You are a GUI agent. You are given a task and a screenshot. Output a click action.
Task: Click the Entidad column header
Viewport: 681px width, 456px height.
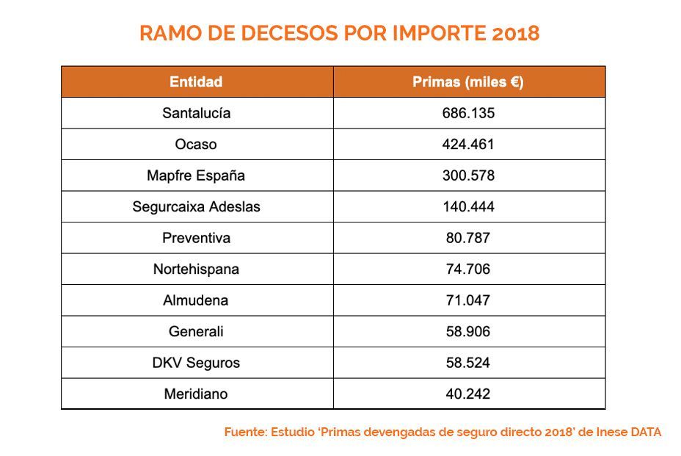coord(196,82)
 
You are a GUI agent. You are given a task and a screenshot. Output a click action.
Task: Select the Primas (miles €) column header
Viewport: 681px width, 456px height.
coord(468,82)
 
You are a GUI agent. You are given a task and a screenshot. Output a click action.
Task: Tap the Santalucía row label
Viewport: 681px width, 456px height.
coord(196,113)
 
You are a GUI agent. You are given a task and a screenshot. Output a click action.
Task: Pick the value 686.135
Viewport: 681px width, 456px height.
coord(468,113)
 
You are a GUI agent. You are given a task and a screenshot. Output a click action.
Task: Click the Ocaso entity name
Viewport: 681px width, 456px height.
coord(196,145)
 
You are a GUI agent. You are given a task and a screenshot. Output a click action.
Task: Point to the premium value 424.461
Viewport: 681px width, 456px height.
coord(468,145)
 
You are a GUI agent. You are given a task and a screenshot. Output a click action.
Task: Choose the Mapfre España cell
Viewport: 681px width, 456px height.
coord(196,175)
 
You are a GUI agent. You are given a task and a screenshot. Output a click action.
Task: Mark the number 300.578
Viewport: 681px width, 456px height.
coord(468,175)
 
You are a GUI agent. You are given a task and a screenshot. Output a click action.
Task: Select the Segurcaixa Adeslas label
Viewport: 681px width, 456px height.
coord(196,207)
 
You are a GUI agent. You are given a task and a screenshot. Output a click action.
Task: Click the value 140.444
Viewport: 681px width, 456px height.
coord(468,207)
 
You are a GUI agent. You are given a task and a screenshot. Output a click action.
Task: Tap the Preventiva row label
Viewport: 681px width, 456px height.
coord(196,238)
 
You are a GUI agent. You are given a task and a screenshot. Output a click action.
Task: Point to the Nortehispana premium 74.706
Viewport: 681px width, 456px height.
coord(468,269)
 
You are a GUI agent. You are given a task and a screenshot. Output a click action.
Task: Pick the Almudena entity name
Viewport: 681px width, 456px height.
coord(196,300)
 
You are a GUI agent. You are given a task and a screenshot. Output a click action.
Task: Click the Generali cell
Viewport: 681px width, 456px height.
coord(196,331)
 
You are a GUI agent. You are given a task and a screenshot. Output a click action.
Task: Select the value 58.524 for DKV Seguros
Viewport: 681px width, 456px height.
coord(468,363)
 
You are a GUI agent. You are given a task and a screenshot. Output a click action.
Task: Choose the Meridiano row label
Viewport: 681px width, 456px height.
coord(196,394)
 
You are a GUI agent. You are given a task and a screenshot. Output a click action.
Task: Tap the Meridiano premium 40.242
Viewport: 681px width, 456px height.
coord(468,394)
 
